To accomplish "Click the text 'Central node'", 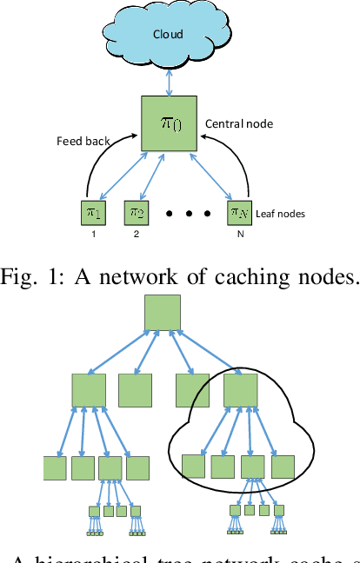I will coord(238,124).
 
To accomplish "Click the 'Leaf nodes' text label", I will coord(280,214).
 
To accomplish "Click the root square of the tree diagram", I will coord(163,313).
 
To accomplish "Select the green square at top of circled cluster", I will coord(239,390).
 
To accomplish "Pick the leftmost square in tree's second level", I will coord(89,390).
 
